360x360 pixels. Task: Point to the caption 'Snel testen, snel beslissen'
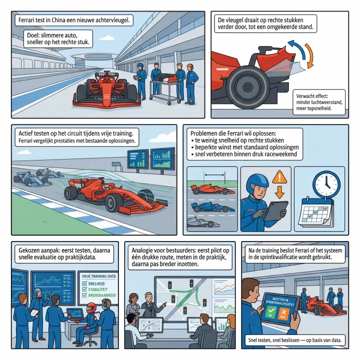click(x=294, y=340)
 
